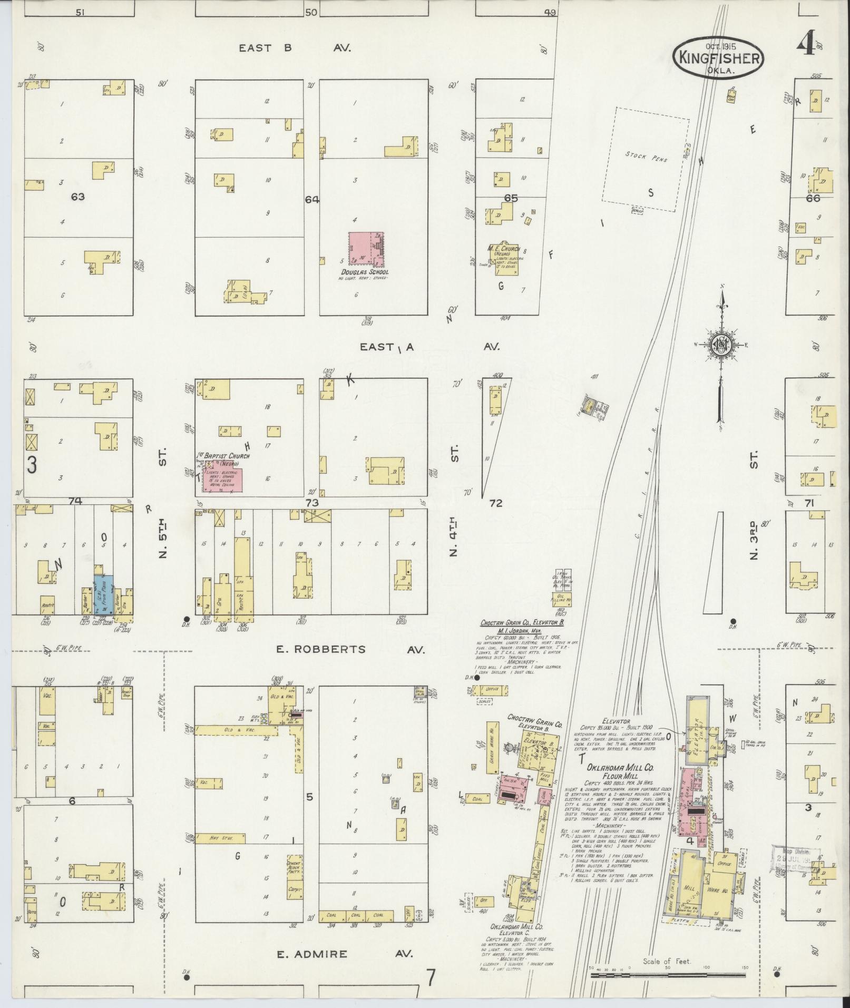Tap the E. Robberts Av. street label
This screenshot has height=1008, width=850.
point(349,649)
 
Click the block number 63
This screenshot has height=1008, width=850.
point(77,197)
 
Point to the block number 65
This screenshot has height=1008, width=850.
point(511,198)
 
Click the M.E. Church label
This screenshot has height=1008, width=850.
point(504,249)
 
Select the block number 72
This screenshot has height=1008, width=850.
point(495,503)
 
